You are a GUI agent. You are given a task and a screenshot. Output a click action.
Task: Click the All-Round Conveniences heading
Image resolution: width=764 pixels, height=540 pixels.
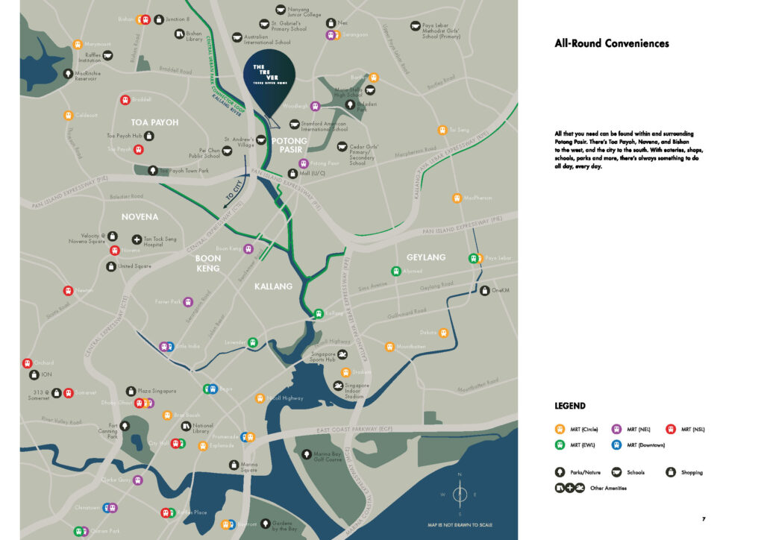point(611,43)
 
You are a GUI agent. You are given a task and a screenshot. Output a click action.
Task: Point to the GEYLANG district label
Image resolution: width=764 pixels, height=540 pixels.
point(426,257)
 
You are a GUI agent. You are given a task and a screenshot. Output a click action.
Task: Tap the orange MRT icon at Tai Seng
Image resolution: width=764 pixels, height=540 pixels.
point(442,130)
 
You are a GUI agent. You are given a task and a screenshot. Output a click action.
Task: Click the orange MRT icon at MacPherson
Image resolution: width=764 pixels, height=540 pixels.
point(457,198)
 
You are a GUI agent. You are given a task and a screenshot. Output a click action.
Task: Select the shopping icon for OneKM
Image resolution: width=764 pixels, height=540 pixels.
point(485,290)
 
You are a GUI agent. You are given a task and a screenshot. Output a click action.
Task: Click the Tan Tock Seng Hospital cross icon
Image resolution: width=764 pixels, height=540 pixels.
point(137,239)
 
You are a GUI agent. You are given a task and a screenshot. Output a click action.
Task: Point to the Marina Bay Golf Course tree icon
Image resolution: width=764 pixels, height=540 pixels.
point(306,453)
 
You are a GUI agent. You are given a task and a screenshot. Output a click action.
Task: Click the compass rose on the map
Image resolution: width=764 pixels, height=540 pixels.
point(460,494)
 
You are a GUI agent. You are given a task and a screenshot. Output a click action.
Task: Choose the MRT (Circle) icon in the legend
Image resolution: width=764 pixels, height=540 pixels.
point(560,429)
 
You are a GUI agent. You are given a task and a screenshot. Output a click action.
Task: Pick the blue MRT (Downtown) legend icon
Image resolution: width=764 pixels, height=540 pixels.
point(616,445)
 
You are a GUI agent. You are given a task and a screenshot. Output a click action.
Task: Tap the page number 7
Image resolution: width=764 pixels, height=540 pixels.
point(704,519)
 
